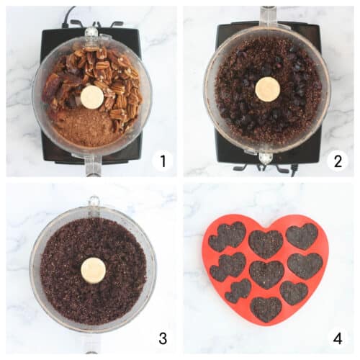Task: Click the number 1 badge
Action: click(162, 161)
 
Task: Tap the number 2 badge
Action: click(337, 161)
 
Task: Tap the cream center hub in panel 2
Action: click(268, 89)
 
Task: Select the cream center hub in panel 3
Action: click(93, 270)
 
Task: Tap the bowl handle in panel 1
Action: click(92, 166)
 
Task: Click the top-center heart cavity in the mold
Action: click(266, 243)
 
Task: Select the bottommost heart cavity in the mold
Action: click(266, 308)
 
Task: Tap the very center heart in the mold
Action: click(266, 274)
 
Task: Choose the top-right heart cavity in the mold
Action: click(302, 236)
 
